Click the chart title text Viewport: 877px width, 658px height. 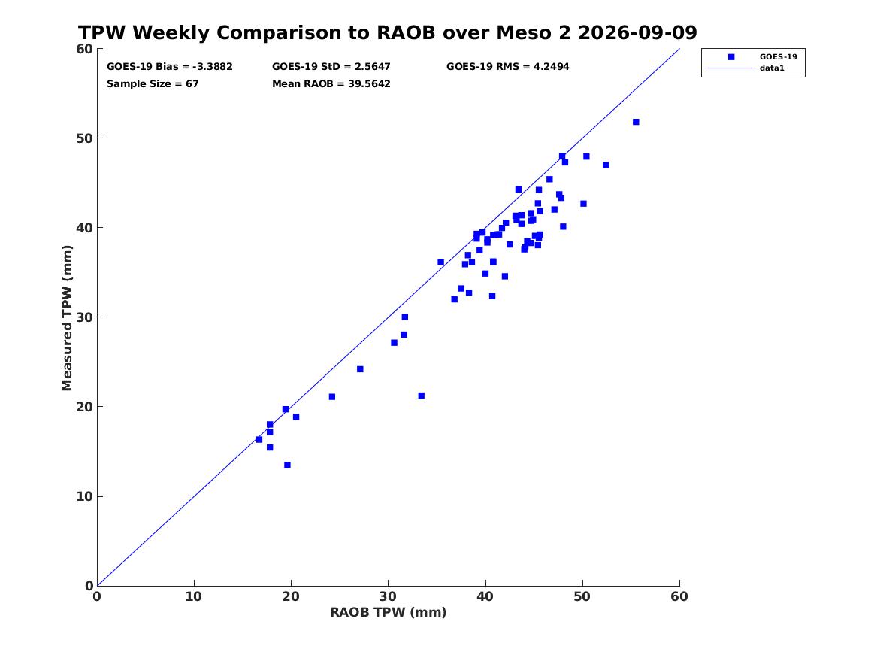pos(388,32)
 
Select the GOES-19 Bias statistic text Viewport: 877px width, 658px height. pos(170,67)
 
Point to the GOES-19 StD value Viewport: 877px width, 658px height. pos(331,67)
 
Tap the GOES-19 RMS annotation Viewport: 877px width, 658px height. pos(507,67)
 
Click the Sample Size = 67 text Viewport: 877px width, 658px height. pos(153,84)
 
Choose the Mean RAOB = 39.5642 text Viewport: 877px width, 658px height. pos(331,84)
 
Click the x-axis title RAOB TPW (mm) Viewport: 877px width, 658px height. pos(389,613)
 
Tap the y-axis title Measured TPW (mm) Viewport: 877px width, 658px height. pos(67,318)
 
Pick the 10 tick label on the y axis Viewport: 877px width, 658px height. pos(84,496)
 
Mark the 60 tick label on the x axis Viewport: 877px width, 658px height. pos(679,596)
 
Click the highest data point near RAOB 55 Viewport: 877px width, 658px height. pos(636,122)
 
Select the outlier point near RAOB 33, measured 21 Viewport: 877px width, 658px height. pos(421,396)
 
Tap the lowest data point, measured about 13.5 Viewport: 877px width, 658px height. pos(288,465)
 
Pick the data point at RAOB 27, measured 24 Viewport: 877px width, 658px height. pos(360,369)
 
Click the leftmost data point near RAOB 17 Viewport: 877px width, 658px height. pos(259,440)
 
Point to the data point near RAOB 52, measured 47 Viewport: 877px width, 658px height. pos(606,165)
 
